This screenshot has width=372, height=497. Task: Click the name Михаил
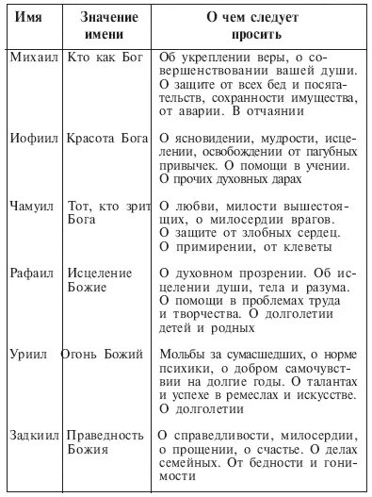(33, 58)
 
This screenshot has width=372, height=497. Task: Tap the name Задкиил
(36, 435)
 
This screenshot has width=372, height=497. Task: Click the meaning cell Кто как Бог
(107, 58)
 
